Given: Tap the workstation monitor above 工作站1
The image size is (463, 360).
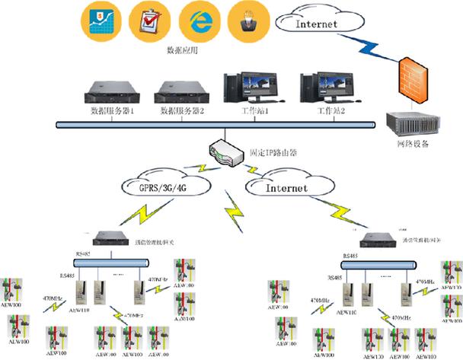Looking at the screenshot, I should click(x=244, y=88).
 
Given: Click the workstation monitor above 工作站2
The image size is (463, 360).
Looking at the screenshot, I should click(x=323, y=88).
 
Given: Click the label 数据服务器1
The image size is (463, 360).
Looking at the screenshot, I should click(x=114, y=113).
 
